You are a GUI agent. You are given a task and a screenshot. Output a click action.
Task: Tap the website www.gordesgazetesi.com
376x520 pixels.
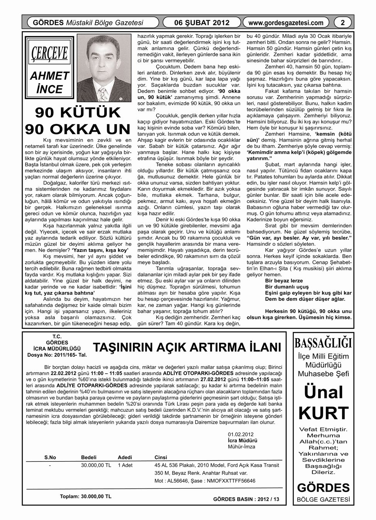(x=286, y=23)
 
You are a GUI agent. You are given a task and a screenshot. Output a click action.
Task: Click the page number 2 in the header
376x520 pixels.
(x=342, y=23)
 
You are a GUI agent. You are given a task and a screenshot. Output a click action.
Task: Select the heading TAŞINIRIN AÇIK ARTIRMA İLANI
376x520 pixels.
(x=188, y=348)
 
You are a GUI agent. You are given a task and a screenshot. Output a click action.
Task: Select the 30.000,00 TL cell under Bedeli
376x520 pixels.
(x=96, y=465)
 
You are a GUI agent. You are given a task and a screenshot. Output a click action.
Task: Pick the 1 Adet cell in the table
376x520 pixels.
(x=125, y=465)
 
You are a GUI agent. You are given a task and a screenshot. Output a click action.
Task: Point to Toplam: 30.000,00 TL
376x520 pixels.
(x=85, y=496)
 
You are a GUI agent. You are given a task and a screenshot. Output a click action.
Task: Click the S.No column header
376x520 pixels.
(x=50, y=457)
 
